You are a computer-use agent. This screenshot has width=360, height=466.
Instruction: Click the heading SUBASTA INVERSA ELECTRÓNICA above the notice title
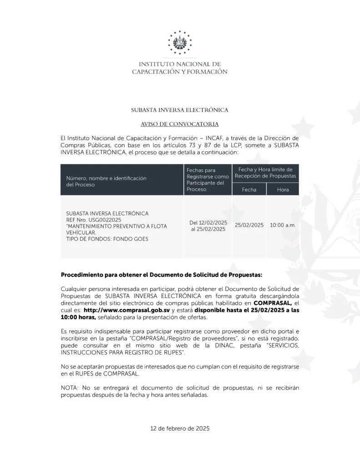[180, 110]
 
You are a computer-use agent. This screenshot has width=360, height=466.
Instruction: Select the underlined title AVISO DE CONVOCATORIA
[180, 124]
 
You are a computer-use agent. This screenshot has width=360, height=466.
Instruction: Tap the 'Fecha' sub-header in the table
[249, 189]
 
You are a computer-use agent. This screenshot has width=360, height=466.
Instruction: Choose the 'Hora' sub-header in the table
[283, 189]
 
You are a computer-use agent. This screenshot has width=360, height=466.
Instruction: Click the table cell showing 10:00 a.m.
[283, 225]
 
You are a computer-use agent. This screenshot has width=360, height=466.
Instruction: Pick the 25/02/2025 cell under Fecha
[249, 225]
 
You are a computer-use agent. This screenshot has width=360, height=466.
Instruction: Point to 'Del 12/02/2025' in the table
[208, 222]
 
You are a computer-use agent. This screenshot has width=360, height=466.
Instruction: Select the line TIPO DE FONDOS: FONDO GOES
[107, 238]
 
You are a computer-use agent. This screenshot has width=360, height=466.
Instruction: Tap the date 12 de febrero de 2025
[180, 428]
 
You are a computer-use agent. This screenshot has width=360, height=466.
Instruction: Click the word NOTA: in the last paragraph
[69, 388]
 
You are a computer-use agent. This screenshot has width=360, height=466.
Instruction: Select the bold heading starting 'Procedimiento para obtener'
[162, 275]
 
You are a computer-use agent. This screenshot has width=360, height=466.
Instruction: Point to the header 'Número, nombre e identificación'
[106, 178]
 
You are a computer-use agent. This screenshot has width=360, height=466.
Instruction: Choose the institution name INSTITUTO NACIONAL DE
[180, 64]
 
